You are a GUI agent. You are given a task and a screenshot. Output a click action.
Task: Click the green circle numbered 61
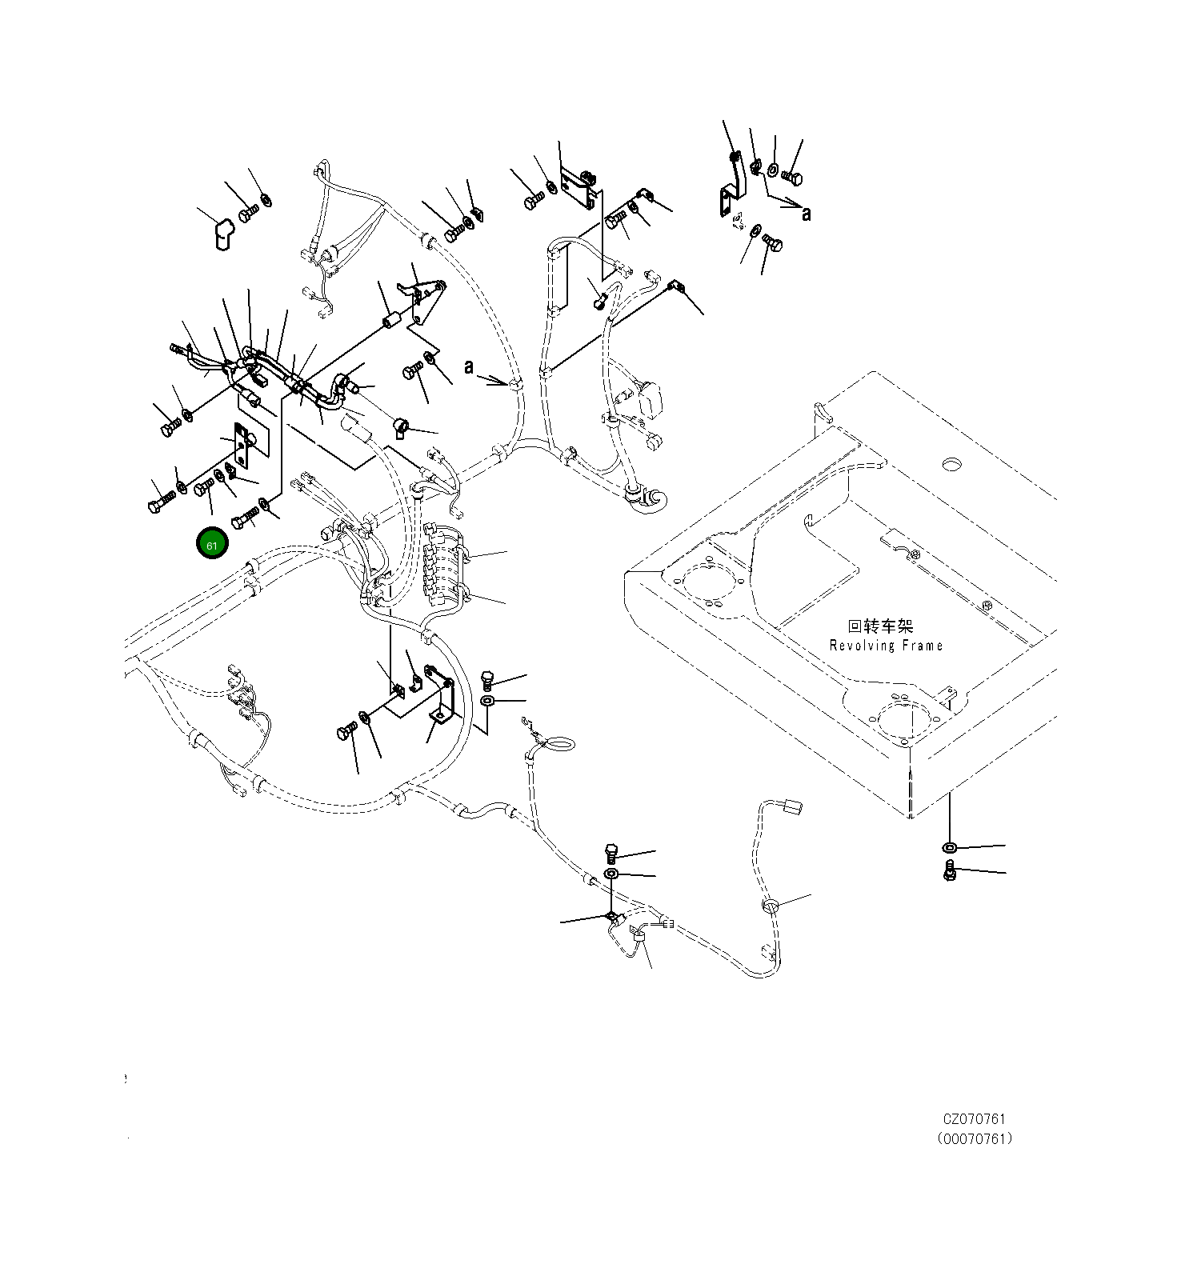(x=212, y=545)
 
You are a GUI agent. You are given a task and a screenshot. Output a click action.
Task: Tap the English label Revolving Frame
(x=886, y=646)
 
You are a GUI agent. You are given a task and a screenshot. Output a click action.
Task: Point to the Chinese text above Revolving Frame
(x=880, y=626)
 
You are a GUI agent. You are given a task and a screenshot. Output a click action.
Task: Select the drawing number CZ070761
(x=973, y=1119)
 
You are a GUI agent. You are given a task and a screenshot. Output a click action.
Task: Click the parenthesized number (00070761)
(x=974, y=1138)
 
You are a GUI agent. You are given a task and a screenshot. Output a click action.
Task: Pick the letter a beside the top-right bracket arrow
(x=806, y=214)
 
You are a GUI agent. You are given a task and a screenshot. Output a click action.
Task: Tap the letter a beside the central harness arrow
(x=470, y=366)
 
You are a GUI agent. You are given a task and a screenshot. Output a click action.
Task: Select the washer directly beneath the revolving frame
(x=949, y=847)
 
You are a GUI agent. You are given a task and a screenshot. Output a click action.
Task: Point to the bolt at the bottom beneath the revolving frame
(x=950, y=871)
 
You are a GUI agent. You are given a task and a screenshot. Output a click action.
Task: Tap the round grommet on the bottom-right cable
(x=770, y=906)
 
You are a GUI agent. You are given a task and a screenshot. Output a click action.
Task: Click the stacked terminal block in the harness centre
(x=445, y=564)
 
